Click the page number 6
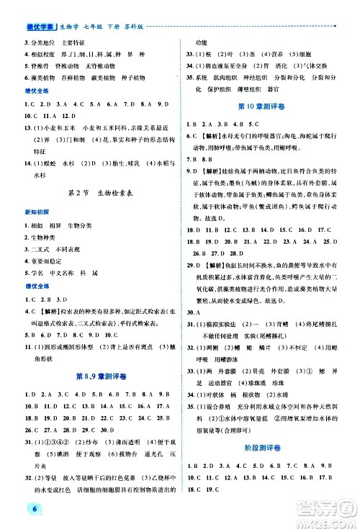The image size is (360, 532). coord(14,513)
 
